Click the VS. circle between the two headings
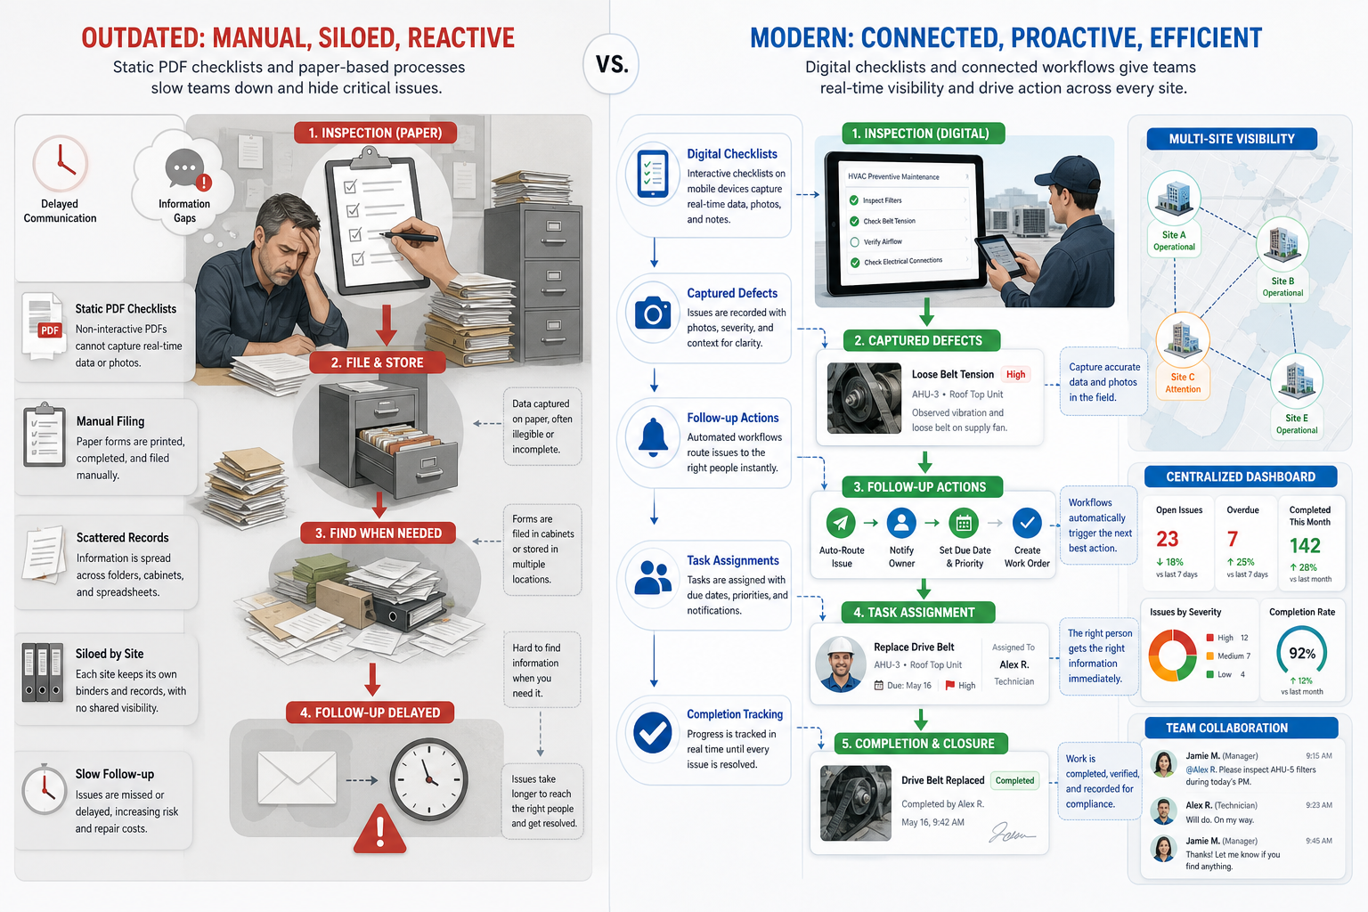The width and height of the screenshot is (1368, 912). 611,63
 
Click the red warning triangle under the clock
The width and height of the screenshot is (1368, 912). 380,828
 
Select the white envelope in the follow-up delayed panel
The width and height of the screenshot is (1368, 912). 297,777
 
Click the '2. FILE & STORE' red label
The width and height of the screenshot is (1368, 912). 377,362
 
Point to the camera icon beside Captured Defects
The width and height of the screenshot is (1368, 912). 653,313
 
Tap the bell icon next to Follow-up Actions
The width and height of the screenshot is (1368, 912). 653,438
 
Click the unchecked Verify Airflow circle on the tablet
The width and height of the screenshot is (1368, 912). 854,242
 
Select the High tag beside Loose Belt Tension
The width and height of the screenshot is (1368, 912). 1015,374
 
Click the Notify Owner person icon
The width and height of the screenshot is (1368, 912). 901,522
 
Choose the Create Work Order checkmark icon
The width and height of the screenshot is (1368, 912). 1027,522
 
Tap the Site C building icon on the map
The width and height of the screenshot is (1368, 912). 1183,338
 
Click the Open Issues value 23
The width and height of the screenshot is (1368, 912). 1167,539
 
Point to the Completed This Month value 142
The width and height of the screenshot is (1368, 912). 1305,545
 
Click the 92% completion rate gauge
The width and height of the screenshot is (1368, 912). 1301,652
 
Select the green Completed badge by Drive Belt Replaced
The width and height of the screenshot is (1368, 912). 1014,781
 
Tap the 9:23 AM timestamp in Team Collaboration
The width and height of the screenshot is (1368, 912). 1318,805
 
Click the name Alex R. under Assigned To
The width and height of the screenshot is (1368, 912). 1014,664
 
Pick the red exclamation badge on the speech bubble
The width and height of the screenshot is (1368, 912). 204,182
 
